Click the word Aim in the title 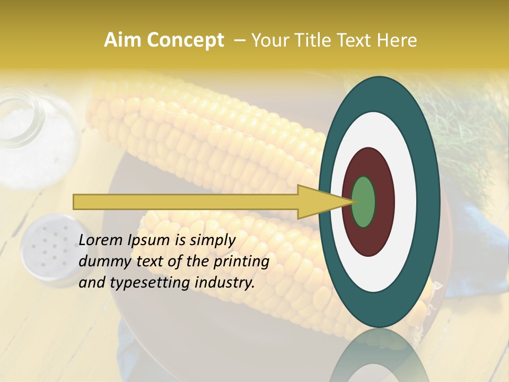[x=121, y=40]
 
